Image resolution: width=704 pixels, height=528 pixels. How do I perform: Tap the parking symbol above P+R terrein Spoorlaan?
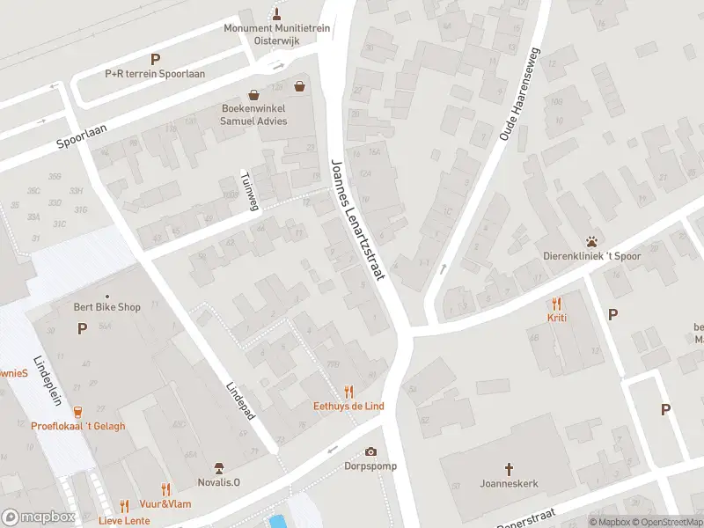(155, 60)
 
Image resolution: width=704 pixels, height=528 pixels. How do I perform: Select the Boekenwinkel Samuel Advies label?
(253, 115)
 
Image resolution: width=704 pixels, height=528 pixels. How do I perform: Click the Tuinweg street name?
(251, 191)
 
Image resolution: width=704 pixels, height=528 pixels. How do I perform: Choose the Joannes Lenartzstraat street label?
(359, 220)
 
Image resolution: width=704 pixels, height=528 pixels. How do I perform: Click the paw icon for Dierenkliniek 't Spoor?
(592, 241)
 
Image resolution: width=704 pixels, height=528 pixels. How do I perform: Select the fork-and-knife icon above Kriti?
(556, 303)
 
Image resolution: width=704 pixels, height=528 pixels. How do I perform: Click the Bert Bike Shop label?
(106, 307)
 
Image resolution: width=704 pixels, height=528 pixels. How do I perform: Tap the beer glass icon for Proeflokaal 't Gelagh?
(77, 411)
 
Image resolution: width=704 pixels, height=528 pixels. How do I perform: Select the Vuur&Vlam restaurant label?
(165, 503)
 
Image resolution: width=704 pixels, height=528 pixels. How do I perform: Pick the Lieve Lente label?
(124, 520)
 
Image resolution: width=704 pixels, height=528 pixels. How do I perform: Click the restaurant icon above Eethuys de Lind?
(348, 392)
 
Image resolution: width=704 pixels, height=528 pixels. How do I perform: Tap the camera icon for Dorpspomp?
(370, 451)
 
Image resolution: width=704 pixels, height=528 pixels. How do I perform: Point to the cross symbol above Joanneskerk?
(509, 469)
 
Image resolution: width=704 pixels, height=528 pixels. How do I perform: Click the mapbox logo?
(39, 517)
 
